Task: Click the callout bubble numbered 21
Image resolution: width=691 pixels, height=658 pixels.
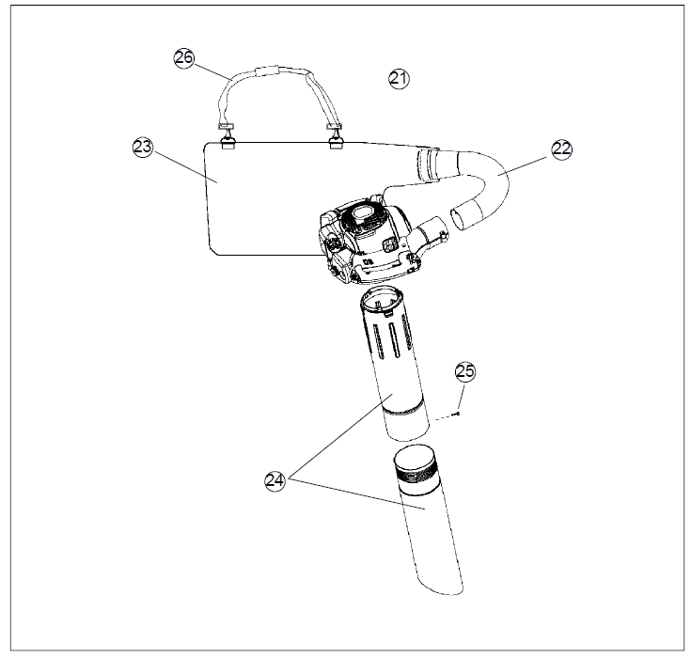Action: click(x=399, y=80)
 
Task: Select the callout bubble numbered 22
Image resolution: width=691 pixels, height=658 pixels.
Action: click(x=562, y=149)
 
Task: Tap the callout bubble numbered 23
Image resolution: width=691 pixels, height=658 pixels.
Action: click(x=143, y=148)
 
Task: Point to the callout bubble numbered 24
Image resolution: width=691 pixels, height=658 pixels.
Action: click(x=275, y=480)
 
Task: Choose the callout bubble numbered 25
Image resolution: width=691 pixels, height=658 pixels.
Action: click(x=465, y=371)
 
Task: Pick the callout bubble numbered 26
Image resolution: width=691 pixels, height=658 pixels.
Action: click(x=184, y=57)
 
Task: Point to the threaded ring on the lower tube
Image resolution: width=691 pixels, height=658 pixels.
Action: click(x=420, y=472)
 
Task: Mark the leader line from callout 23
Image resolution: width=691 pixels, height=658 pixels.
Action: click(x=184, y=167)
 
